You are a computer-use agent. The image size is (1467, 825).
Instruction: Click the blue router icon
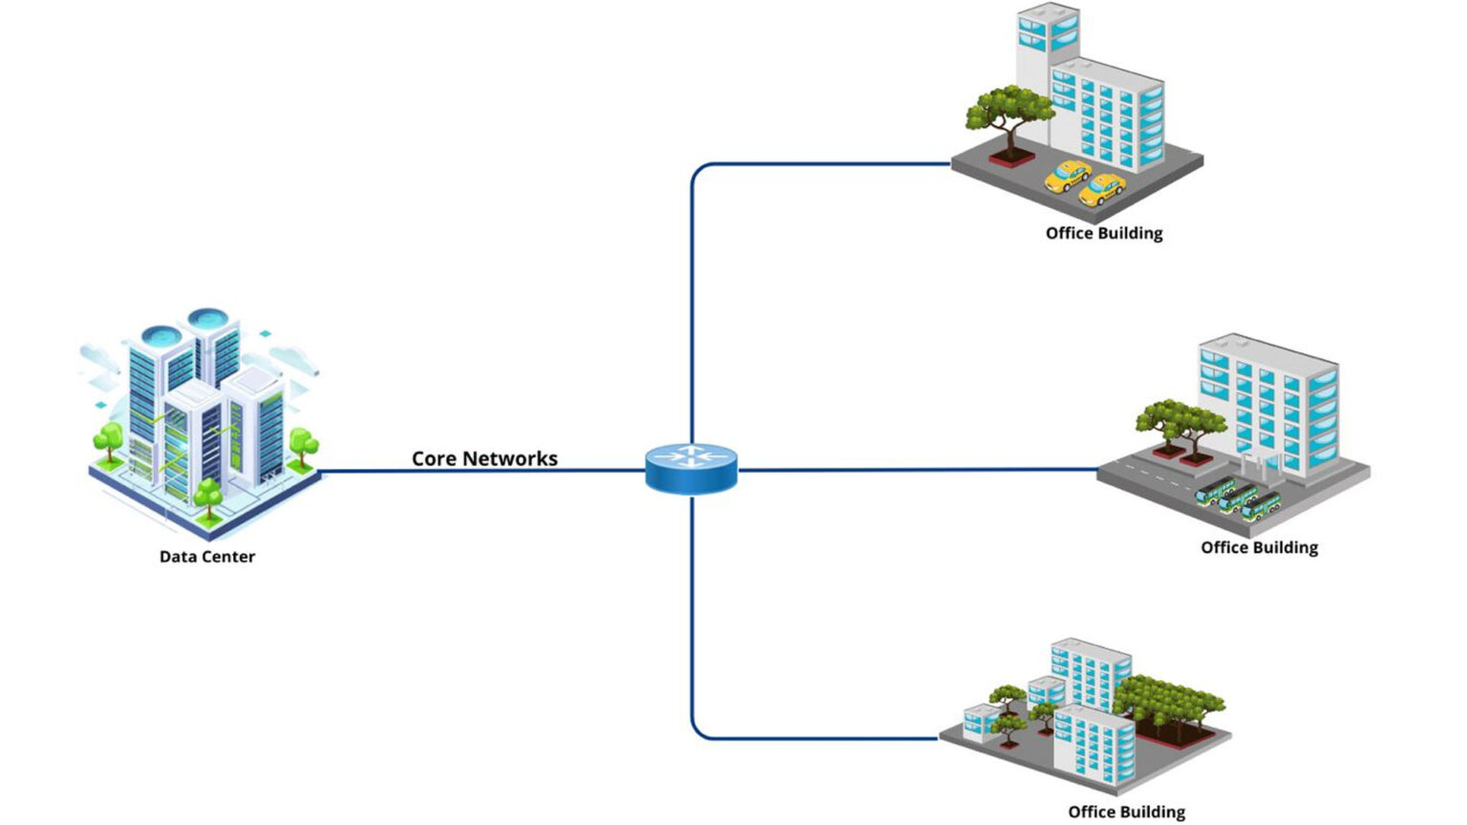[691, 468]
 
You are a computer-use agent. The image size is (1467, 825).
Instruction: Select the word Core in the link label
[433, 458]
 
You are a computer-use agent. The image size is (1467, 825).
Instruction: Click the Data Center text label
[206, 557]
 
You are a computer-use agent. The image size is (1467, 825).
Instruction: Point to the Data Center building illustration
[205, 420]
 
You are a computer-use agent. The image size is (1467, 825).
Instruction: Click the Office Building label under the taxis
[1103, 233]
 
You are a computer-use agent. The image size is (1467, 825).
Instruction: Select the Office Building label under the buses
[1259, 547]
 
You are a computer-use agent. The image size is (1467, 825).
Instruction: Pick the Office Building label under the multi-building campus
[1126, 812]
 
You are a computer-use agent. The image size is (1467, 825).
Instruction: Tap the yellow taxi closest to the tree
[1067, 175]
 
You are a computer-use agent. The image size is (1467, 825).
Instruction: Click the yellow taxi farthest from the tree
[1101, 190]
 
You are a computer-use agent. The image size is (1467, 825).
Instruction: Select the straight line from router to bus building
[917, 470]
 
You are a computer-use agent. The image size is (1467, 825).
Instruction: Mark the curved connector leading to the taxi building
[707, 177]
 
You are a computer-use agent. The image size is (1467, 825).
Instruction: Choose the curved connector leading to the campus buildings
[707, 726]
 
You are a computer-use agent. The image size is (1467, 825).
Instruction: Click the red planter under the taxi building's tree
[1010, 156]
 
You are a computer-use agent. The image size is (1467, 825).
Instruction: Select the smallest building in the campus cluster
[981, 722]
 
